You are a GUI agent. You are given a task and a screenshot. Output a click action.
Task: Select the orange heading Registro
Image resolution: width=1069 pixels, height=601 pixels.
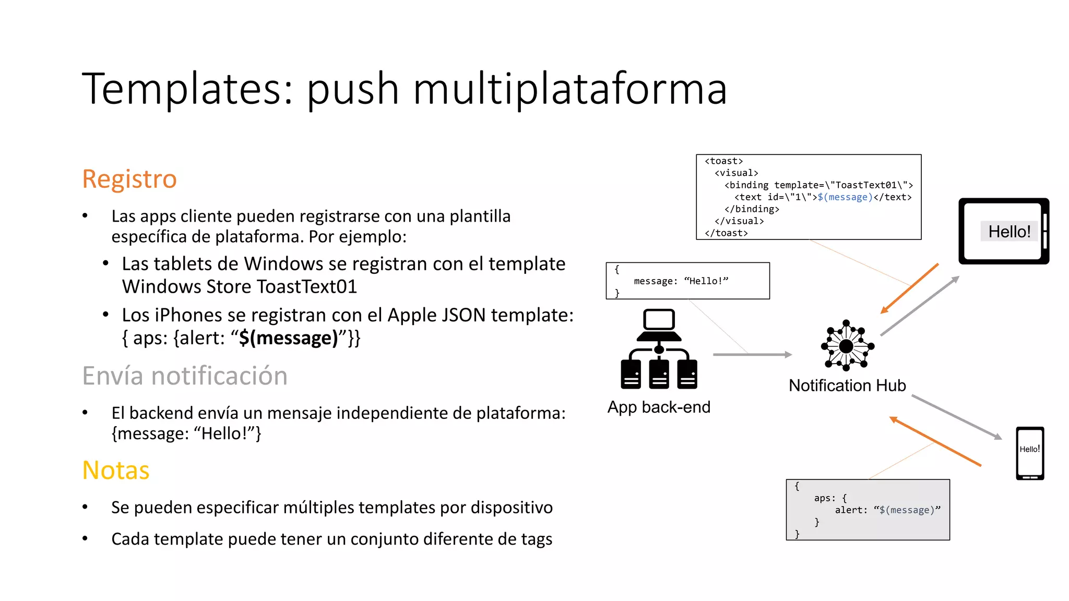click(x=129, y=179)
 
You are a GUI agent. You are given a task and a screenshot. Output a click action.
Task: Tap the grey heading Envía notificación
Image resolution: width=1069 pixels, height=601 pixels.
click(x=185, y=376)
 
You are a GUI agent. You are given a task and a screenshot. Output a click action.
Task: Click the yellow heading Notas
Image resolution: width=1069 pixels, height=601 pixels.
click(x=116, y=471)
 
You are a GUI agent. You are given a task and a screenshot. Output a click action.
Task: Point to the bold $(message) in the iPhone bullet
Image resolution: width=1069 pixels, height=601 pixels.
click(x=289, y=338)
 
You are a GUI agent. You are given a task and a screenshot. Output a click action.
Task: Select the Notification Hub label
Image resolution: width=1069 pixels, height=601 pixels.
click(x=847, y=386)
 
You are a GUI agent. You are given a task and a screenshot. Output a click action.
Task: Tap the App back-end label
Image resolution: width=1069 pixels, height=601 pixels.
click(x=659, y=407)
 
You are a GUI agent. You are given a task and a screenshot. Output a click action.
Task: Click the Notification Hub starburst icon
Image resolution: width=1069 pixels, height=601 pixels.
click(x=847, y=346)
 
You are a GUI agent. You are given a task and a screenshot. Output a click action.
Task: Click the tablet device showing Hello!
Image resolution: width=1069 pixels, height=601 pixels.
click(x=1003, y=231)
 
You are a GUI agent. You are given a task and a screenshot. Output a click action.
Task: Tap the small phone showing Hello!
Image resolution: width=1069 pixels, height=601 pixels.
click(x=1030, y=453)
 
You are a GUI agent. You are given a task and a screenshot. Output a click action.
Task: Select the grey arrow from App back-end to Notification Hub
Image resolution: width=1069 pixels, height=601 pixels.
click(x=752, y=355)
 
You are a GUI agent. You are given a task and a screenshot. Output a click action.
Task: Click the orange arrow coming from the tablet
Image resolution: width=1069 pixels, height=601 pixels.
click(x=909, y=289)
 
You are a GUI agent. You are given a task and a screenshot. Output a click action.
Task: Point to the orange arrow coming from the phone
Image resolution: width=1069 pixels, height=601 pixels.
click(x=935, y=441)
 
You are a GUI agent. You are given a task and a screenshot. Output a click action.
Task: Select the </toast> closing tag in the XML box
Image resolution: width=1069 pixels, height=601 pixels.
click(x=726, y=233)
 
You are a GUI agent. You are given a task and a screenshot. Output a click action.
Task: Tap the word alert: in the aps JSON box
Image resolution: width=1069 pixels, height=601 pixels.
click(x=851, y=510)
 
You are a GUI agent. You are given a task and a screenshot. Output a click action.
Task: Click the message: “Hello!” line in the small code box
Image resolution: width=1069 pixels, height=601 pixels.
click(x=681, y=281)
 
